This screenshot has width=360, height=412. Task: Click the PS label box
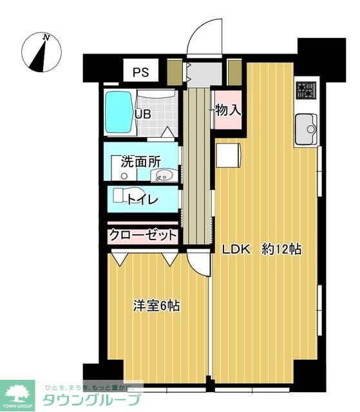tap(140, 72)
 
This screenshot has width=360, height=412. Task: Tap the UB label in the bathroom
tap(142, 115)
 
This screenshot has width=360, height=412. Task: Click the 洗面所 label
tap(140, 162)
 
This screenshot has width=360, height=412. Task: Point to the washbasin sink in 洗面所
tap(167, 175)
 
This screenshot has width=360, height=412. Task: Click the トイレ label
tap(142, 199)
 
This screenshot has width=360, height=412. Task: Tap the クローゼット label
tap(142, 235)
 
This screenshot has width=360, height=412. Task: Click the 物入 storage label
tap(227, 110)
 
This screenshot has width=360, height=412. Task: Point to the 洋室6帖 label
tap(156, 306)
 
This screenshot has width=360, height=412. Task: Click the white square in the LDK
tap(227, 156)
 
